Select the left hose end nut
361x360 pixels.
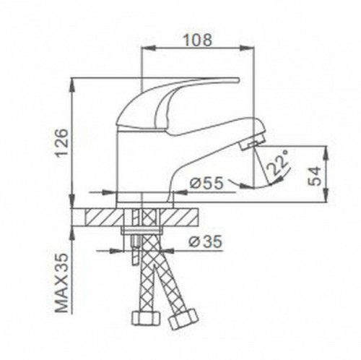(x=143, y=317)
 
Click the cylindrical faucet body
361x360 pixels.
(x=137, y=166)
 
